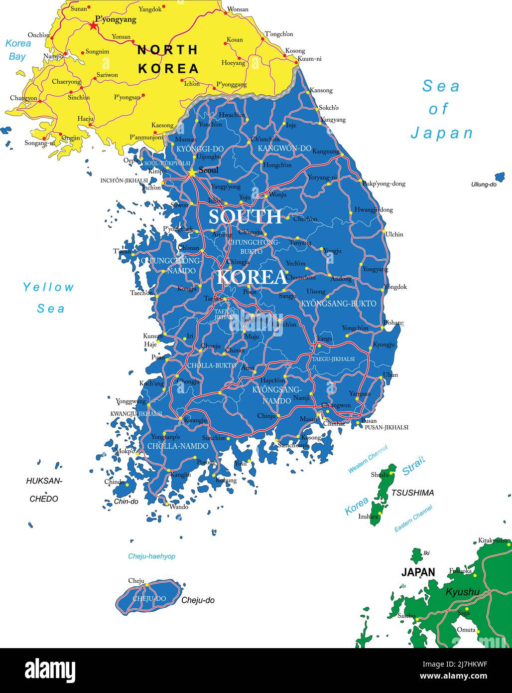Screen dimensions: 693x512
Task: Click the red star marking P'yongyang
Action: coord(93,25)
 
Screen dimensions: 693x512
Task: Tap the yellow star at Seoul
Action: coord(192,173)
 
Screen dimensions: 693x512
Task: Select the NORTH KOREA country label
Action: coord(168,59)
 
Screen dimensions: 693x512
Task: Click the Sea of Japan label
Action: coord(441,109)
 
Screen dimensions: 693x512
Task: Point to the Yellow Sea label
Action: coord(49,298)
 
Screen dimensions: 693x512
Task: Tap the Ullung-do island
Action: coord(500,176)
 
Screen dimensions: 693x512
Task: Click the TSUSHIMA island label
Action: coord(412,493)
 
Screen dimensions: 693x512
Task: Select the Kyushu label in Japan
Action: coord(462,592)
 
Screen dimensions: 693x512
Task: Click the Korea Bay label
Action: coord(18,49)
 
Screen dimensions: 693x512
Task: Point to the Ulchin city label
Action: coord(394,234)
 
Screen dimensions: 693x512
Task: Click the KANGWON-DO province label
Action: coord(284,148)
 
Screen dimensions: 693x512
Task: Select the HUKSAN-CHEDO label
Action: coord(44,490)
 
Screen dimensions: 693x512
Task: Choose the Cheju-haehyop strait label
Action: coord(151,556)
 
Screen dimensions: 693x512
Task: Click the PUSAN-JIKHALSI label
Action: coord(386,427)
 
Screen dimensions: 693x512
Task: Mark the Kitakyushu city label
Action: coord(493,540)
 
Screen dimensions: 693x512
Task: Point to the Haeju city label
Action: coord(85,119)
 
